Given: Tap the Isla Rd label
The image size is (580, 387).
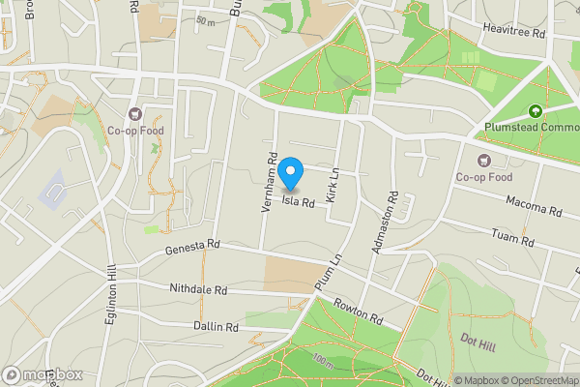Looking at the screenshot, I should [x=299, y=203].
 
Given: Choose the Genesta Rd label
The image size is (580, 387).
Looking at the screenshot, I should [x=193, y=247].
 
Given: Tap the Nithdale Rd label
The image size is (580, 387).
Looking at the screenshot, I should [x=198, y=289].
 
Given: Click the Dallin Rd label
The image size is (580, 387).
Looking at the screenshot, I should [x=215, y=327].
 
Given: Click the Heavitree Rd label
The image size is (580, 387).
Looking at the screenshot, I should [x=515, y=30].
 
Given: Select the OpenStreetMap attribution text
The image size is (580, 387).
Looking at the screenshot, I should [x=540, y=380].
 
